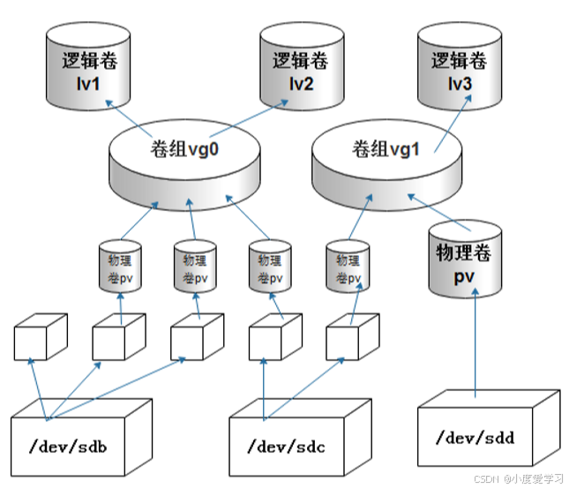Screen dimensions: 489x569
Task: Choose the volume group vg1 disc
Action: pos(387,159)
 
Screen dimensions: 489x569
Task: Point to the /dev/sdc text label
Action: pos(288,446)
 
